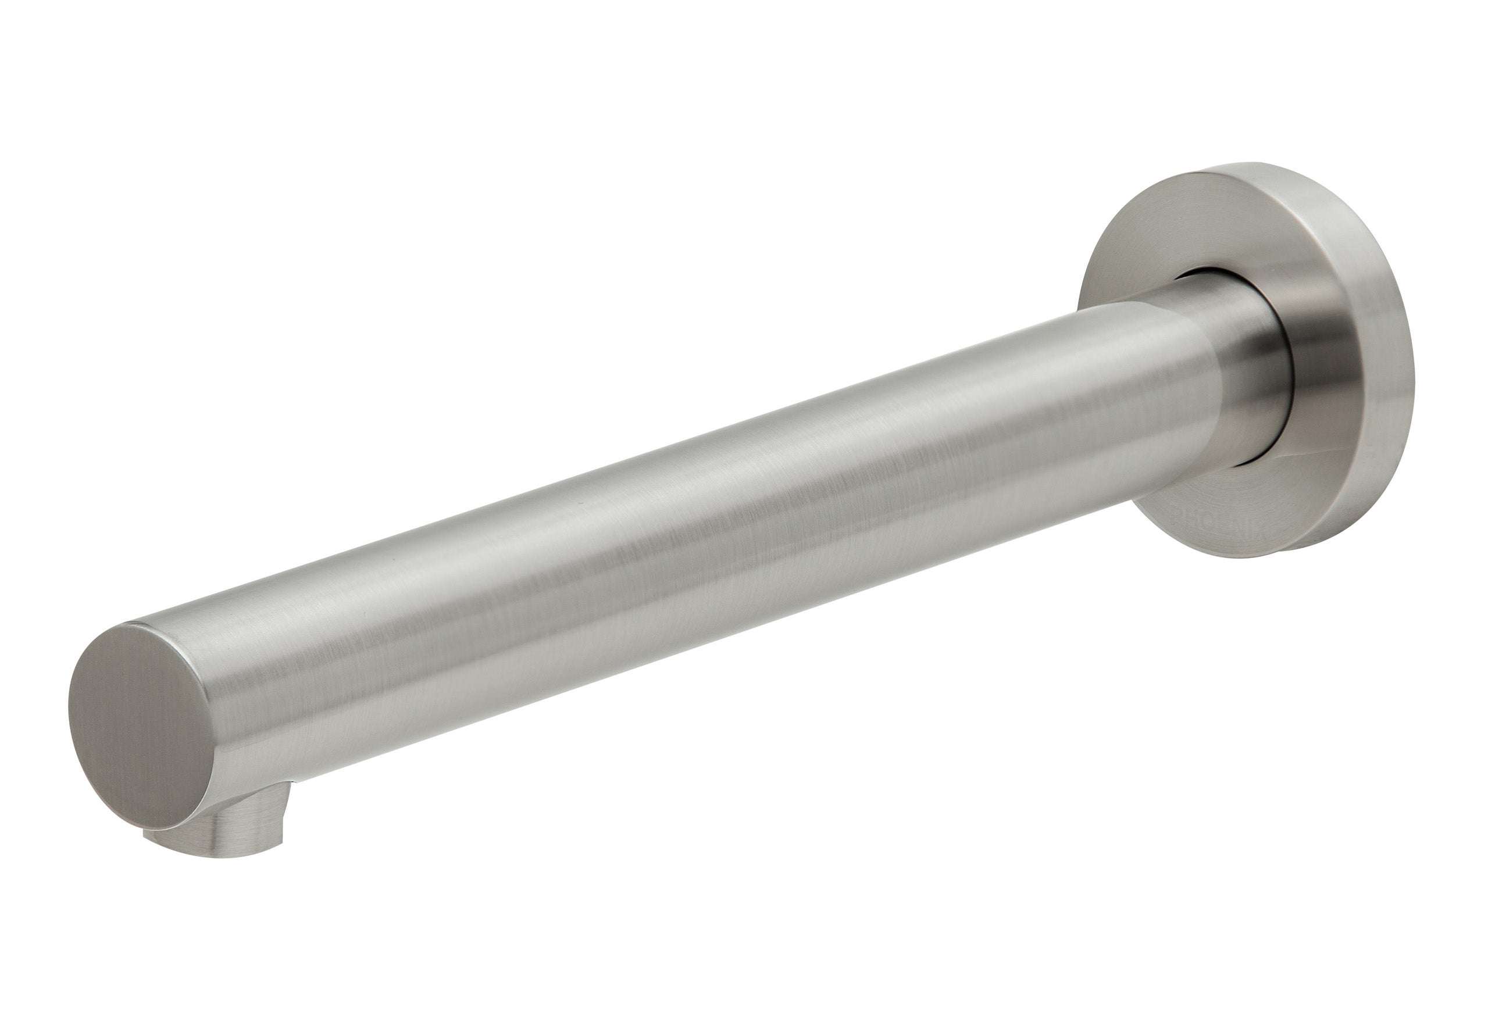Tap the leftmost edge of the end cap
tap(69, 707)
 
